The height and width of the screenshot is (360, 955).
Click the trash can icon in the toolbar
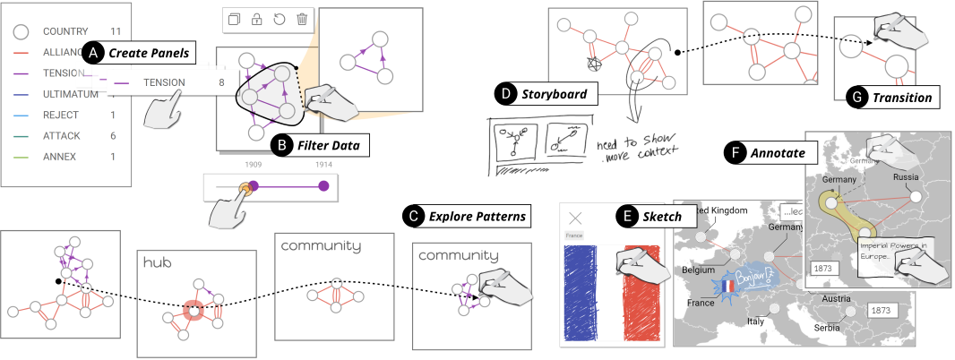[302, 19]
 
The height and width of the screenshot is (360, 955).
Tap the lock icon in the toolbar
[257, 19]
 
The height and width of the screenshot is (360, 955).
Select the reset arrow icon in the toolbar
[280, 19]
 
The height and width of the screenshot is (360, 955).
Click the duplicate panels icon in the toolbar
[235, 19]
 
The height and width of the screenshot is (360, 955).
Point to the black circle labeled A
[94, 53]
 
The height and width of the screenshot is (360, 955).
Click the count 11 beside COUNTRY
[116, 31]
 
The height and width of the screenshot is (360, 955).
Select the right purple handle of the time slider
[324, 185]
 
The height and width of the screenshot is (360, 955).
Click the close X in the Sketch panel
[576, 218]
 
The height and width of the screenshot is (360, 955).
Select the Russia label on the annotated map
[908, 176]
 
